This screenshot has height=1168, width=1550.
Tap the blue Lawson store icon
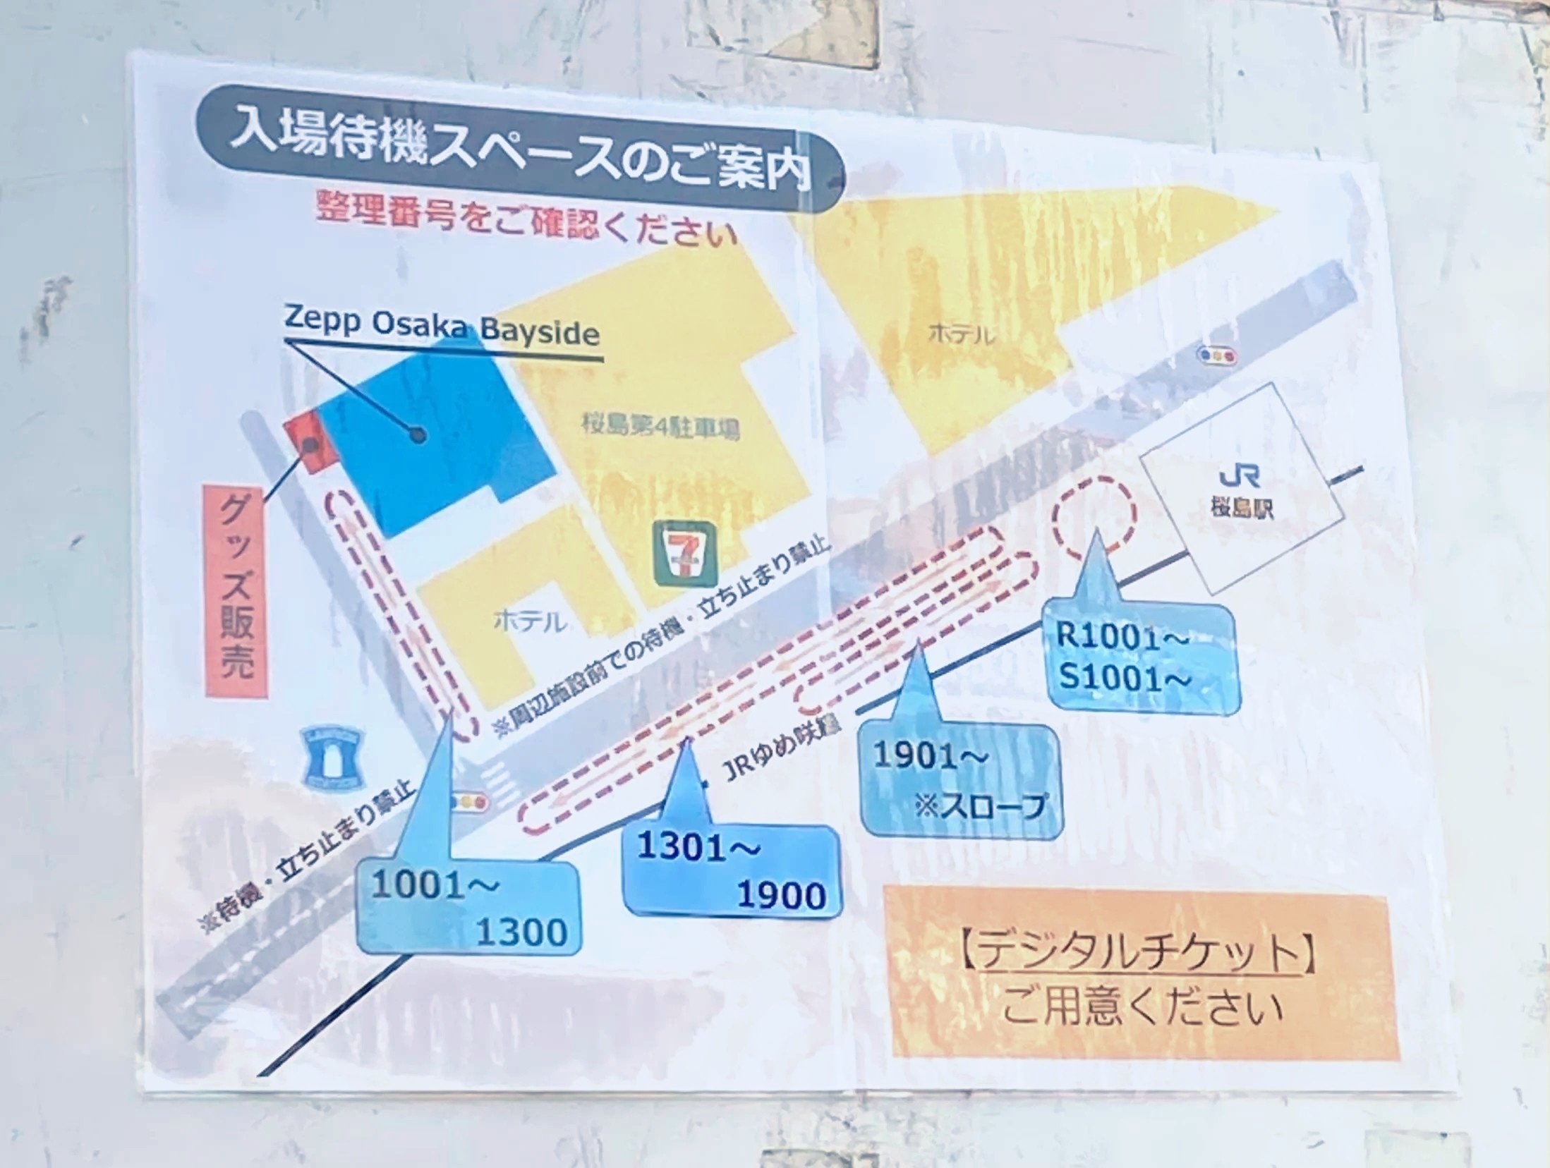click(x=332, y=758)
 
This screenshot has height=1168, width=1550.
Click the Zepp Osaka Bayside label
click(x=442, y=328)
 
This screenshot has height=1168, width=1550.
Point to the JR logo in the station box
click(x=1240, y=477)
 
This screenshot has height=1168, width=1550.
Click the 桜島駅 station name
click(x=1242, y=508)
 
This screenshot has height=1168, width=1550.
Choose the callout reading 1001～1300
click(x=469, y=908)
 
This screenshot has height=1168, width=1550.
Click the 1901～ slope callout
click(x=961, y=780)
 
